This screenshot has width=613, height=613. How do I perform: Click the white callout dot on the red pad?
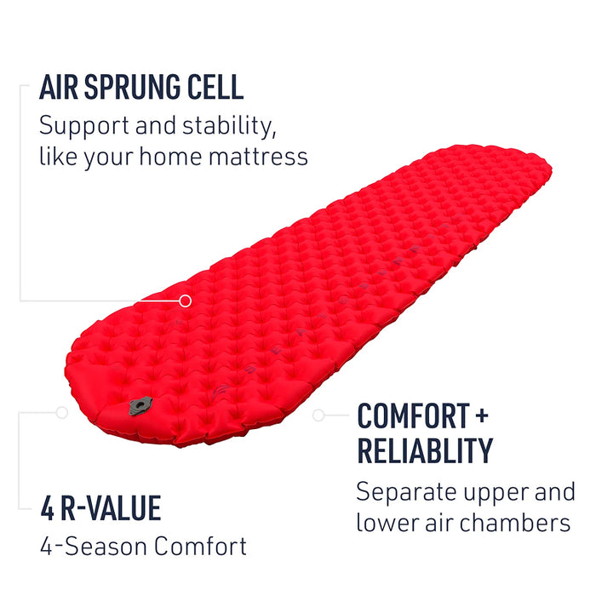186,300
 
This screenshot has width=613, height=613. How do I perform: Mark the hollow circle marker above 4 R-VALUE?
61,412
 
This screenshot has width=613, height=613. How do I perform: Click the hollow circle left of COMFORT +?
318,415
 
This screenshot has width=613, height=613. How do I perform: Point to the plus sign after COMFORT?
483,416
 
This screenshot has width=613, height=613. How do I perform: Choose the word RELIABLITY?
424,450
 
